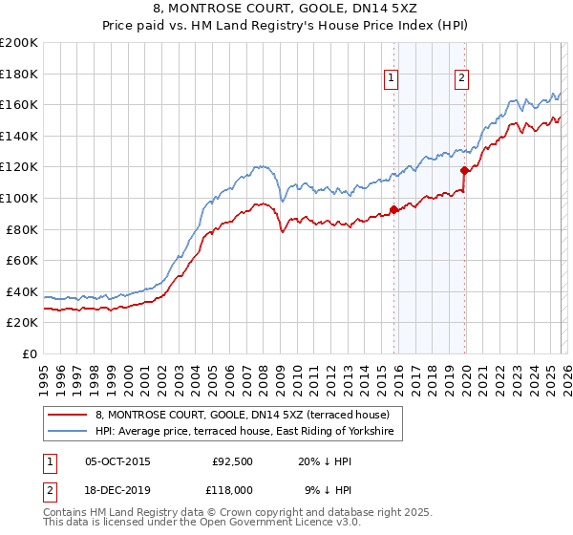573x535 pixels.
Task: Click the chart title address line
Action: (x=286, y=10)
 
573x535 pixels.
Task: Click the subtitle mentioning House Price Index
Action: (x=286, y=26)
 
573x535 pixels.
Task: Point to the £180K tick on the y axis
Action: (x=19, y=74)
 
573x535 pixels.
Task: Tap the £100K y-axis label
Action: (x=19, y=198)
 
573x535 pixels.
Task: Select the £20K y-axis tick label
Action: (x=22, y=323)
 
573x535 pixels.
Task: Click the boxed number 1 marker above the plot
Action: (x=393, y=79)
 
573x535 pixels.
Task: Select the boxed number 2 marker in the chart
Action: (x=462, y=79)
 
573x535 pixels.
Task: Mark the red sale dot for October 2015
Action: (x=393, y=210)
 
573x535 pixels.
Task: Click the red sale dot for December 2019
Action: (x=464, y=171)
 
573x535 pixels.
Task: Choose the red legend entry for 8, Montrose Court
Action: (x=243, y=416)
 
